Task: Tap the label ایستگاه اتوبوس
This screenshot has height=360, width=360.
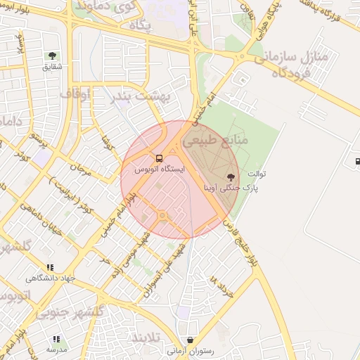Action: [159, 170]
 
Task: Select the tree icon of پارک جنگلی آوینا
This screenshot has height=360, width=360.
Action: [231, 176]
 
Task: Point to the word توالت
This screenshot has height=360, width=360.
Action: [253, 173]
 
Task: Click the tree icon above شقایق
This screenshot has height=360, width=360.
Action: [52, 56]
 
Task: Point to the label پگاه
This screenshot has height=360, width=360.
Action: [141, 25]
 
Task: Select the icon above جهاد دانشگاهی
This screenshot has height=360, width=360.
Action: [49, 267]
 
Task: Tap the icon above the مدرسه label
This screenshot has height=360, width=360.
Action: [56, 339]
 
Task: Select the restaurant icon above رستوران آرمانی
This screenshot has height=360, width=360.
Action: [191, 340]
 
